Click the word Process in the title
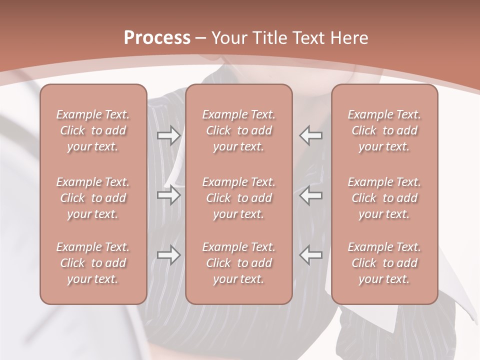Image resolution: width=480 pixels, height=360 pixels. pyautogui.click(x=157, y=38)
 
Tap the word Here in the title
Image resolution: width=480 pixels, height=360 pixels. pyautogui.click(x=349, y=38)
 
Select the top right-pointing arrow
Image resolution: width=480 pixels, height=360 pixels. pyautogui.click(x=168, y=135)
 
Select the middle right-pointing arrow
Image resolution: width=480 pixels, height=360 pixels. pyautogui.click(x=168, y=195)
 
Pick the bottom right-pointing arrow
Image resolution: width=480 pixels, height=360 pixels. pyautogui.click(x=168, y=255)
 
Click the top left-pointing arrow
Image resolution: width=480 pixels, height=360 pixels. pyautogui.click(x=310, y=135)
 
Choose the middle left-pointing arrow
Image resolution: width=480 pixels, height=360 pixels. pyautogui.click(x=310, y=195)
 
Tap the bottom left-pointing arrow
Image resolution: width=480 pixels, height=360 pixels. pyautogui.click(x=310, y=255)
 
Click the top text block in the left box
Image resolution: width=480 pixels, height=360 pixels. pyautogui.click(x=93, y=130)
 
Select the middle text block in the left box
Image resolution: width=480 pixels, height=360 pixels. pyautogui.click(x=93, y=198)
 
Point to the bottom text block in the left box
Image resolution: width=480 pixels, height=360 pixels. pyautogui.click(x=93, y=263)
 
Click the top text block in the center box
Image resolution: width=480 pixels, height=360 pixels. pyautogui.click(x=239, y=130)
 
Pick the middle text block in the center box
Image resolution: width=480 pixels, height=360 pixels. pyautogui.click(x=239, y=198)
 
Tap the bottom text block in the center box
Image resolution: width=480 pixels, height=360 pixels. pyautogui.click(x=239, y=263)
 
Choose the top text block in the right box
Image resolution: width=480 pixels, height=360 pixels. pyautogui.click(x=384, y=130)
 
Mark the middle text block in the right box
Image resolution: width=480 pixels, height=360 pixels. pyautogui.click(x=384, y=198)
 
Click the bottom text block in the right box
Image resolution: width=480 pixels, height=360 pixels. pyautogui.click(x=384, y=263)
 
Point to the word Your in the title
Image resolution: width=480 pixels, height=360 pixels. pyautogui.click(x=229, y=38)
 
